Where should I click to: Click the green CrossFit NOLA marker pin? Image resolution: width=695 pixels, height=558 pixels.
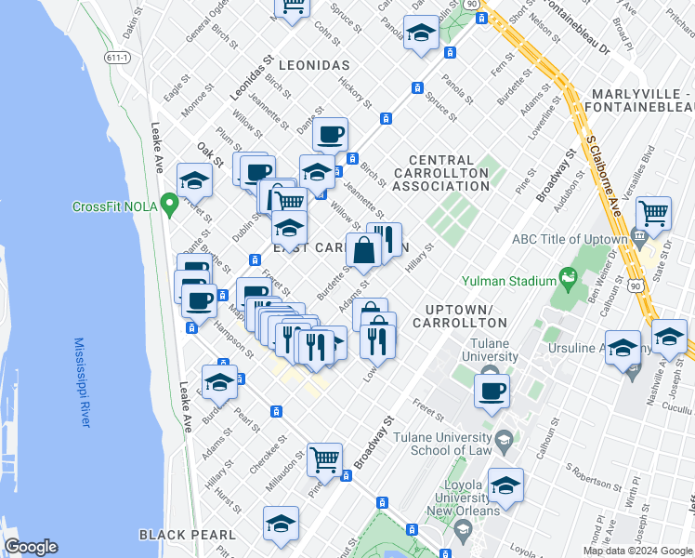click(168, 202)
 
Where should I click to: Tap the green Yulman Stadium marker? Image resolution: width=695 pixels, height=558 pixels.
click(566, 277)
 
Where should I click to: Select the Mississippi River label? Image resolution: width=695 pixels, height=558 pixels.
click(83, 382)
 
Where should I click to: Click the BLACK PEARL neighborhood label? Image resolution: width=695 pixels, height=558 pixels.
click(177, 534)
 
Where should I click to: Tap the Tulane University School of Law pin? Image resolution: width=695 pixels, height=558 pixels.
click(504, 439)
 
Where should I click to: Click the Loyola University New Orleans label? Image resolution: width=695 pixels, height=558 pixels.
click(459, 498)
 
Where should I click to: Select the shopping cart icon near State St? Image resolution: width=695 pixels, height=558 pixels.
click(653, 213)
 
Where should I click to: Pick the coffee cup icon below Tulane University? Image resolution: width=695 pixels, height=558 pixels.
click(492, 390)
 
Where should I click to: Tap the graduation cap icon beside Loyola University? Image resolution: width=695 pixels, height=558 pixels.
click(506, 485)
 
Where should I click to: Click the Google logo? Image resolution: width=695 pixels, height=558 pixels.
click(31, 547)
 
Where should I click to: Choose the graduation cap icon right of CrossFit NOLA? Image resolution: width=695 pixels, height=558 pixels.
click(194, 179)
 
